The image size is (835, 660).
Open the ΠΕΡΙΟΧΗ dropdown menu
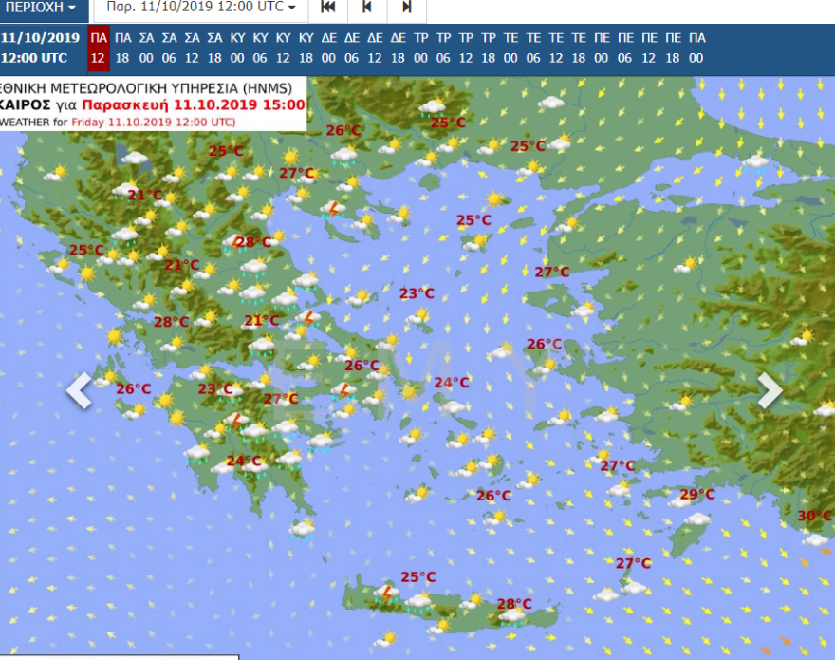click(x=41, y=8)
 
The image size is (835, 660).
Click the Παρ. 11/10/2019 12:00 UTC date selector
click(x=201, y=8)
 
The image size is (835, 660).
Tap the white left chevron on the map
click(x=80, y=390)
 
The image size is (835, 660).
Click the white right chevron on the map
click(x=770, y=390)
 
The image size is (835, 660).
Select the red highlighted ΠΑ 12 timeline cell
click(x=98, y=48)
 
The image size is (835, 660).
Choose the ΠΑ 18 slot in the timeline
click(x=123, y=48)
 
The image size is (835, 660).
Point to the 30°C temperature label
click(x=813, y=516)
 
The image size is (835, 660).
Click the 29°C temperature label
click(x=696, y=494)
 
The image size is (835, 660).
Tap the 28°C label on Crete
click(x=513, y=603)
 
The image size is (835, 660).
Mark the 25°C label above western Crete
click(x=417, y=576)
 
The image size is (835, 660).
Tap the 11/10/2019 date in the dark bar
click(x=40, y=38)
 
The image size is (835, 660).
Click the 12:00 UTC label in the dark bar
click(x=34, y=58)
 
